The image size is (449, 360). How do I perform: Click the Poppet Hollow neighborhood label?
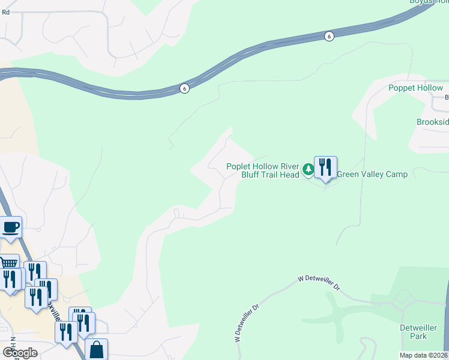click(x=415, y=88)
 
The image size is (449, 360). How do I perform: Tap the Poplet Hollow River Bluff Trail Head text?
click(x=262, y=170)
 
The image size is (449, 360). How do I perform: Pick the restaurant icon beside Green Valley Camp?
click(x=325, y=167)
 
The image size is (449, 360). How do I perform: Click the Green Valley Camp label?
click(x=372, y=175)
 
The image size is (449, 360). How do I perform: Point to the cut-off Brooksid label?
click(x=432, y=122)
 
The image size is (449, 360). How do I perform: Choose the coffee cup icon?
click(x=11, y=228)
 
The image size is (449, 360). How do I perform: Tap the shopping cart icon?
click(x=8, y=264)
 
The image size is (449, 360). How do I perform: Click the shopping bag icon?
click(x=97, y=350)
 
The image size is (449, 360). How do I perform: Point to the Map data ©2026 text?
click(x=423, y=355)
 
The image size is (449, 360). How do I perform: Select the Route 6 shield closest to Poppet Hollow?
click(x=329, y=37)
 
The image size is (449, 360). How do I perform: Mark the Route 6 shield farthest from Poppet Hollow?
click(x=184, y=88)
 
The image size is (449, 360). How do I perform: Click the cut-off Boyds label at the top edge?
click(x=429, y=2)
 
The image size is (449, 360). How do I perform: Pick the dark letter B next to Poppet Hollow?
click(x=447, y=97)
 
